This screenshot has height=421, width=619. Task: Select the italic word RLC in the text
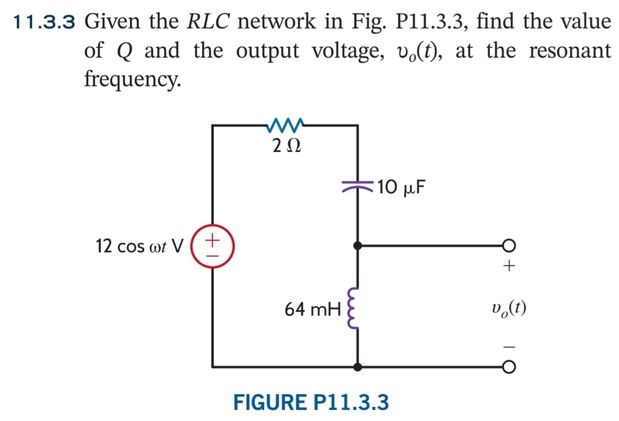[207, 23]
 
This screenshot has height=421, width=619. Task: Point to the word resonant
[569, 51]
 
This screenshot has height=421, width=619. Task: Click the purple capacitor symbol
[357, 186]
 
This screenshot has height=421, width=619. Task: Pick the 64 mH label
[311, 310]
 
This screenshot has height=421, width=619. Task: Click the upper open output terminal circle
[509, 246]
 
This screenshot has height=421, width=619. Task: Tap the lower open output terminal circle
[509, 367]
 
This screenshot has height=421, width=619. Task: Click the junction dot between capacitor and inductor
[358, 246]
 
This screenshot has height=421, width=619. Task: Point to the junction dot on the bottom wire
[358, 367]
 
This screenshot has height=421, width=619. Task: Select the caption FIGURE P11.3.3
[311, 402]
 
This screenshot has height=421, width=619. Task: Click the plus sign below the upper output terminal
[509, 266]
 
